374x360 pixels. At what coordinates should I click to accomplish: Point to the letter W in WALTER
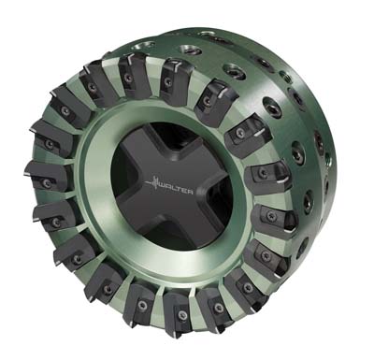pos(163,185)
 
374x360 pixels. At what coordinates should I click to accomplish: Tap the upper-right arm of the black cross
pos(204,156)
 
